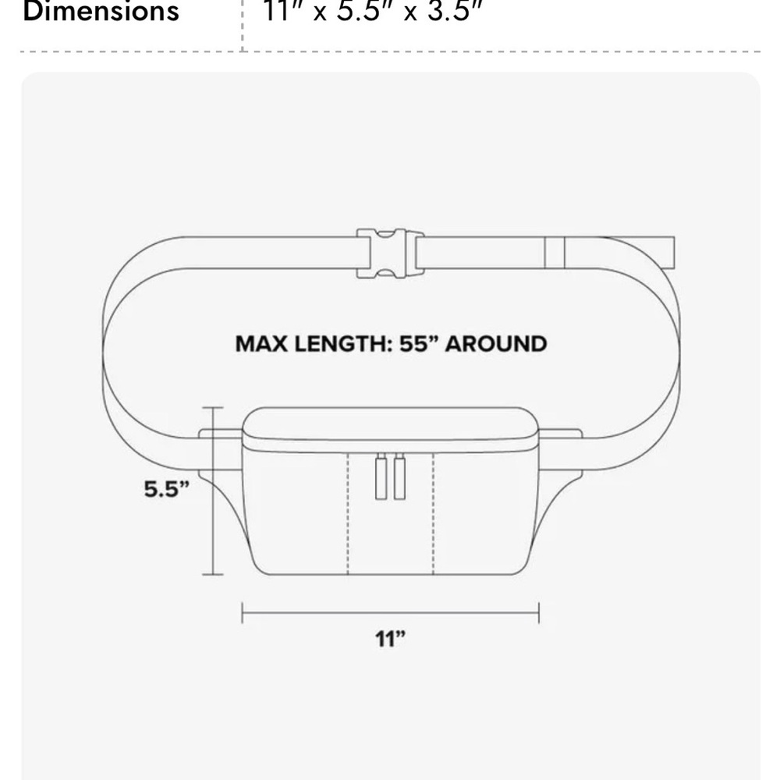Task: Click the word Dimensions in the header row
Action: click(x=101, y=11)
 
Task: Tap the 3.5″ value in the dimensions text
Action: click(x=456, y=11)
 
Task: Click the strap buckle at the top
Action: click(x=390, y=253)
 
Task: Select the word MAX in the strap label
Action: click(x=261, y=344)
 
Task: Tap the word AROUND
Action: click(x=496, y=344)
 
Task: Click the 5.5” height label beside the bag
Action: click(x=167, y=489)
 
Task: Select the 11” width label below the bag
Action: click(x=391, y=639)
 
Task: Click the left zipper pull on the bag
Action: click(x=381, y=477)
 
